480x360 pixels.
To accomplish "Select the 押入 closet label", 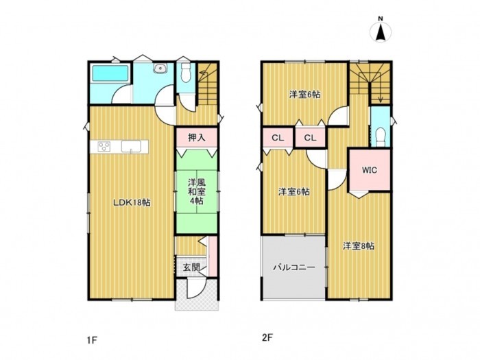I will (196, 138).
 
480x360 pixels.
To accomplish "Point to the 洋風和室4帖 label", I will (196, 192).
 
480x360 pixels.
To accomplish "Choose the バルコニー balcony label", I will (293, 267).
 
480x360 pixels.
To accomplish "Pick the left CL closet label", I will (277, 139).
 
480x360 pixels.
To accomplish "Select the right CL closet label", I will (310, 139).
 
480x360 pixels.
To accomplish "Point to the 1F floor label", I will (92, 339).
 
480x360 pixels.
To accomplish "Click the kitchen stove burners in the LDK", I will (104, 146).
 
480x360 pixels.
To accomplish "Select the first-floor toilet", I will (184, 74).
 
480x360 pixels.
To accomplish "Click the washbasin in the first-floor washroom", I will (159, 68).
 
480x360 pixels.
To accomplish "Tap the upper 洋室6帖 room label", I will (303, 94).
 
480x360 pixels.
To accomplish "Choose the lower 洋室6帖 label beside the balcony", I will (293, 191).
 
